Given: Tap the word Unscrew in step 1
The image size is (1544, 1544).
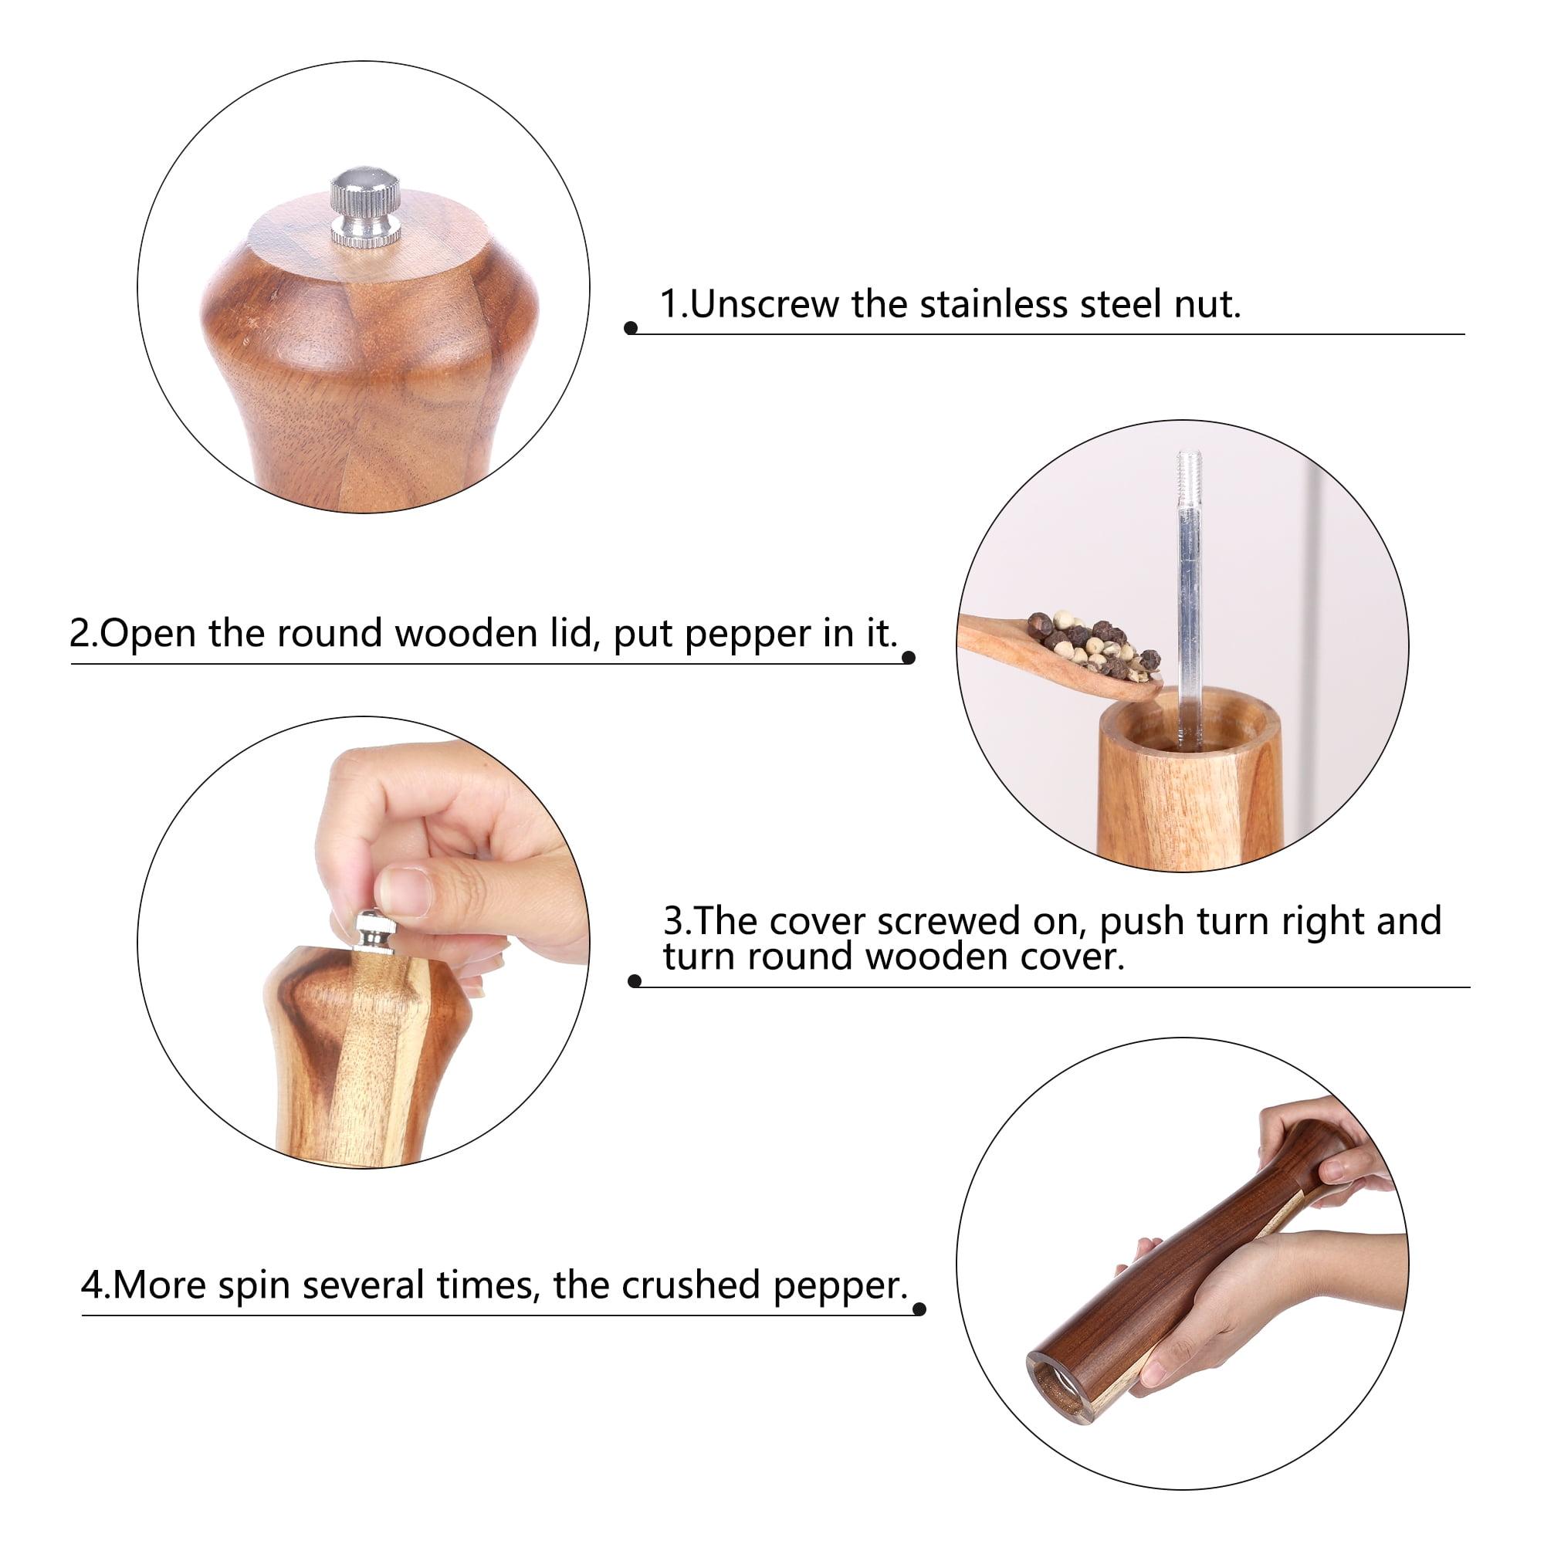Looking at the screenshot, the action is pos(764,304).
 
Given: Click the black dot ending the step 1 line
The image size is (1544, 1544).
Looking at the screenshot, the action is pos(631,328).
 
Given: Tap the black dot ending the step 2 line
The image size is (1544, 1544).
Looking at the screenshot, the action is pos(909,658).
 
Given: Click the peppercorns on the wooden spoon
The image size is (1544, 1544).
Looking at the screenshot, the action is pos(1092,645).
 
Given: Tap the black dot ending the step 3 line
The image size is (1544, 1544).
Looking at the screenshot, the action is pos(635,981).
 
